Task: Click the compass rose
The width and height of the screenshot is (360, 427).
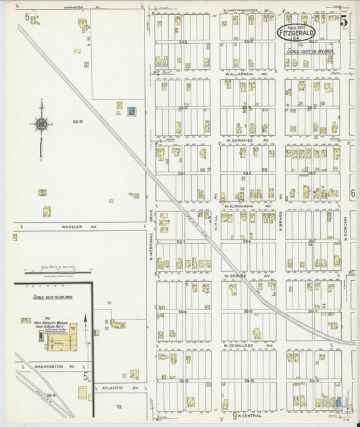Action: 42,124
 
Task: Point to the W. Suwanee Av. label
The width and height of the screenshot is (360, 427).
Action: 247,141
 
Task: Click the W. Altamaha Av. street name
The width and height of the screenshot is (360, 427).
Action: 247,205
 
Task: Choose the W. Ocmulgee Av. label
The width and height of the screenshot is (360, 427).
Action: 247,345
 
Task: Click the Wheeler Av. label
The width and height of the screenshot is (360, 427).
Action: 80,227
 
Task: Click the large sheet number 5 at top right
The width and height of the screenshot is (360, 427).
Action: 344,20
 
